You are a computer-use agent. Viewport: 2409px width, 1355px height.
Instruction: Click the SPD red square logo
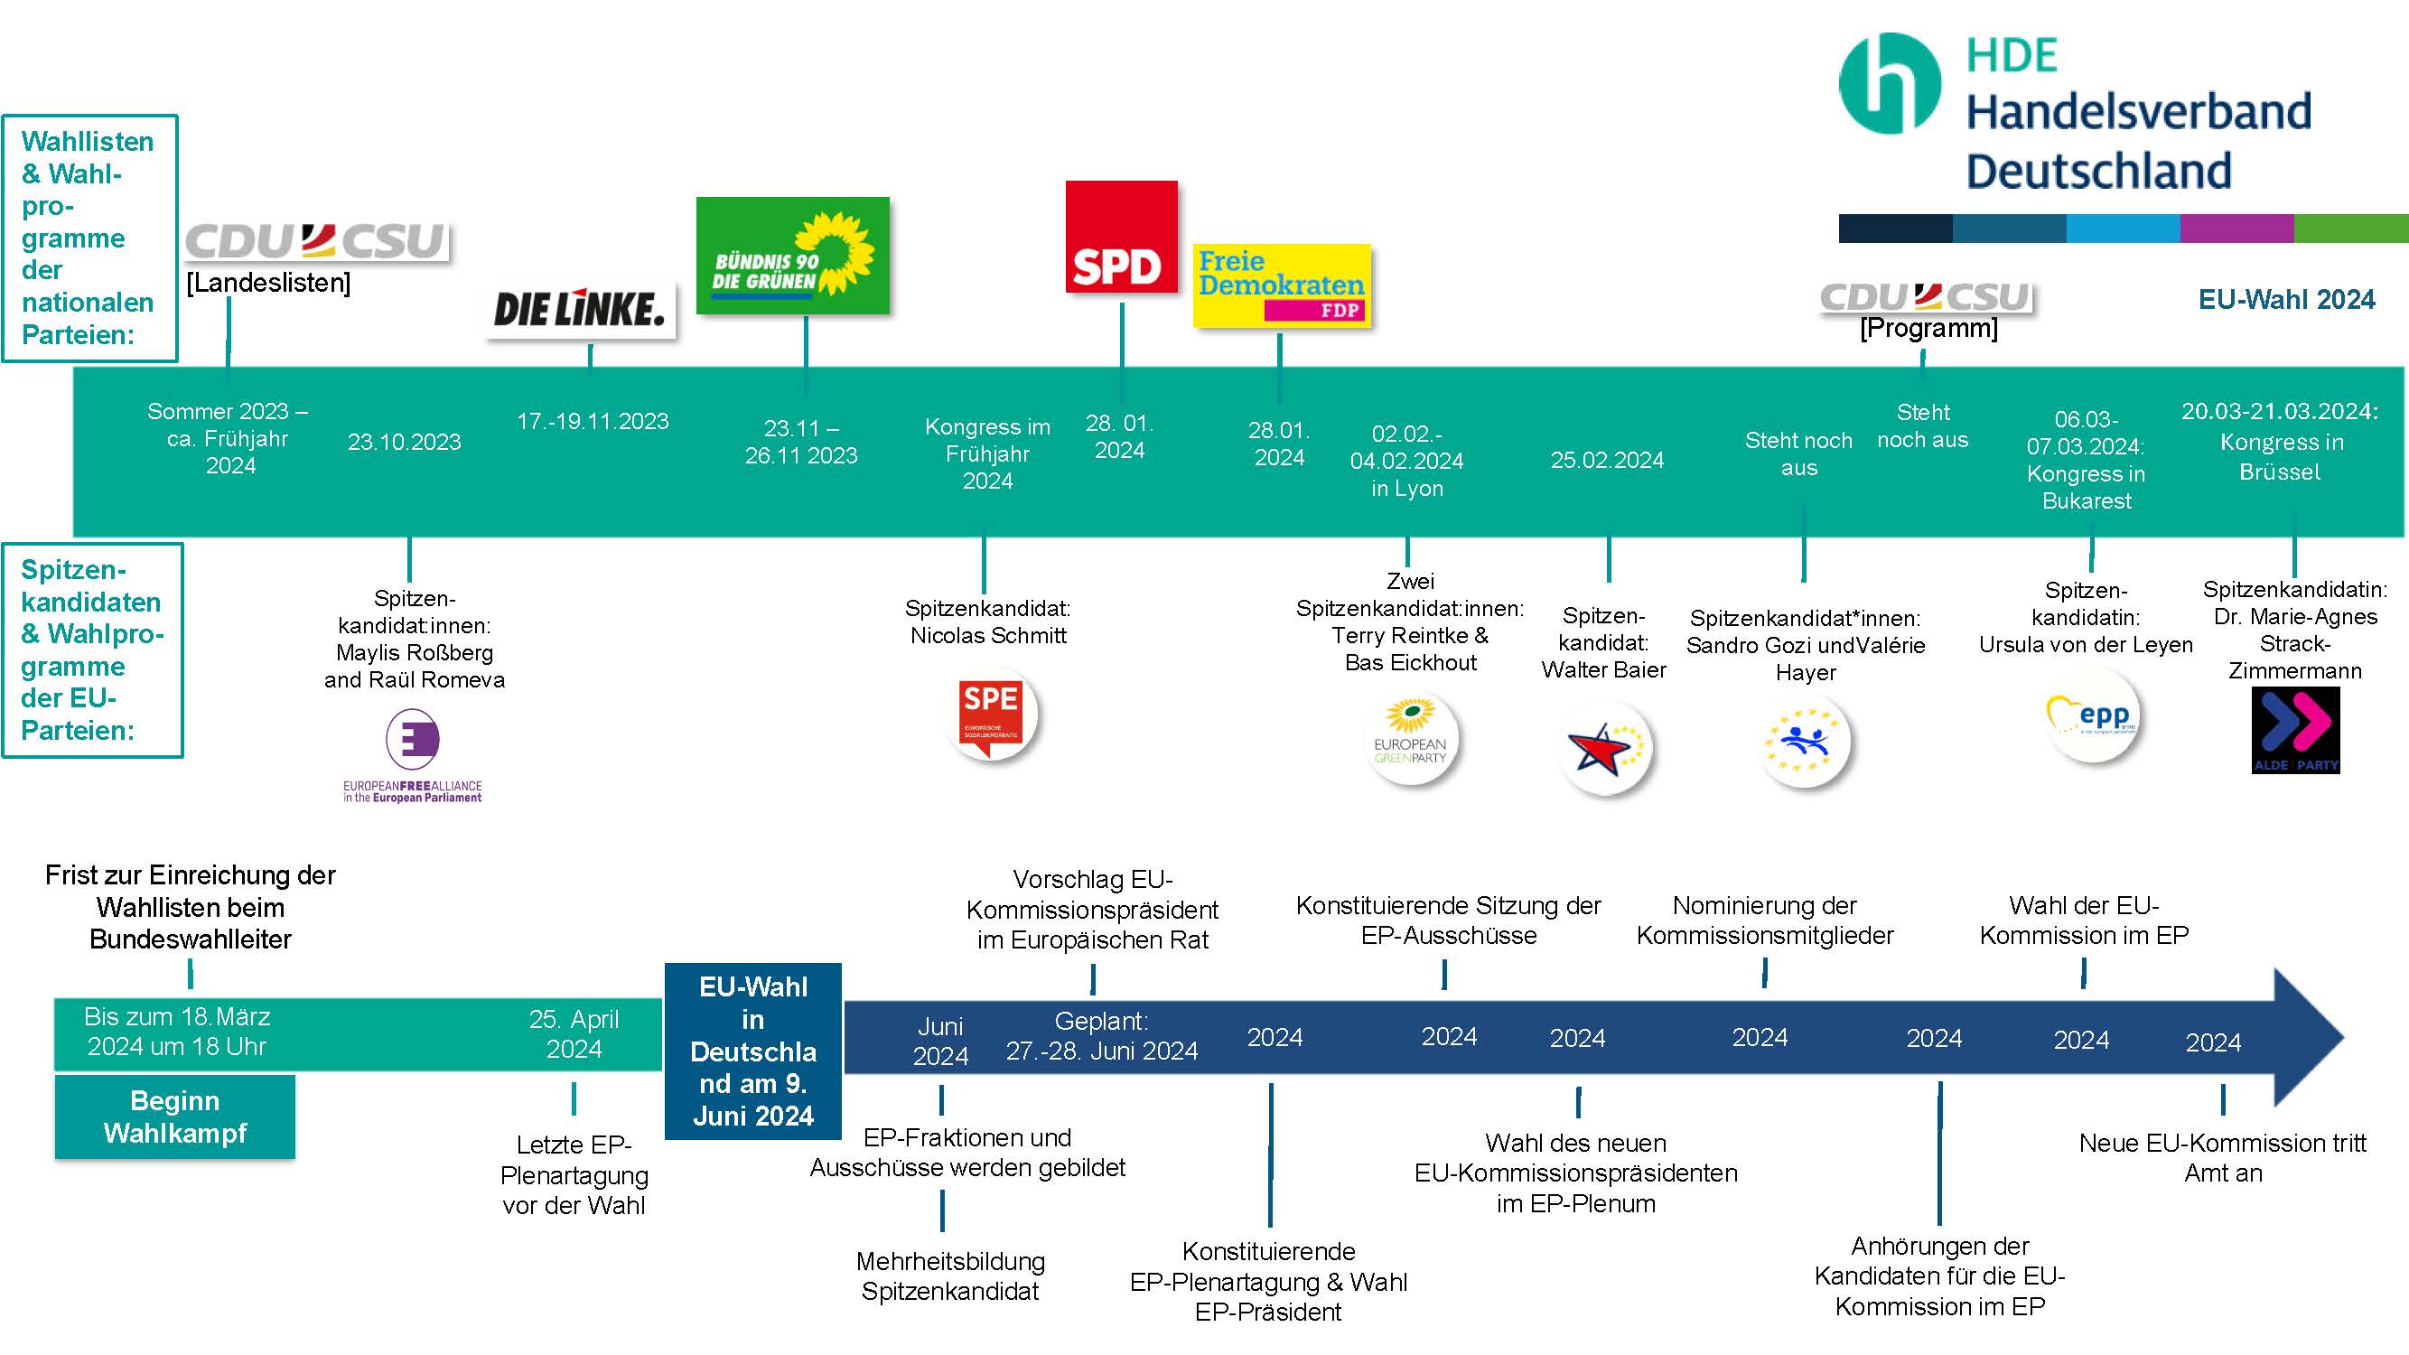tap(1121, 238)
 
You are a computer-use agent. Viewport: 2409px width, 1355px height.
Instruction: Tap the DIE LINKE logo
tap(580, 310)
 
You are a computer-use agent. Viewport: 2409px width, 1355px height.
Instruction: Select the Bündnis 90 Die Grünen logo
tap(793, 256)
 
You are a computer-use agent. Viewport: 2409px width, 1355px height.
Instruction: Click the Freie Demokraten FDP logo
tap(1281, 285)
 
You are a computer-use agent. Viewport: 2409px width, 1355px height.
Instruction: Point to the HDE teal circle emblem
tap(1889, 83)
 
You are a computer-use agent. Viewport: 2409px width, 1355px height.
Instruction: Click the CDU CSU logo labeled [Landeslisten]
tap(317, 241)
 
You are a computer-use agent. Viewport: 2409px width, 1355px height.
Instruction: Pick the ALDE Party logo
tap(2295, 730)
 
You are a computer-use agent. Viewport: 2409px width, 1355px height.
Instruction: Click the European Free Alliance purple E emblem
tap(413, 739)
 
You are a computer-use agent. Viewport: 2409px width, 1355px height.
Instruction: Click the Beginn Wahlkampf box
tap(175, 1117)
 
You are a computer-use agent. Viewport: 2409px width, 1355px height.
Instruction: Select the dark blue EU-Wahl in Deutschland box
tap(752, 1051)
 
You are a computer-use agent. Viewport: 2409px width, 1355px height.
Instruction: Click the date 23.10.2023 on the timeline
tap(404, 442)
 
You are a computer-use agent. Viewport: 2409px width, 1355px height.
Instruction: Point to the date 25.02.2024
tap(1607, 460)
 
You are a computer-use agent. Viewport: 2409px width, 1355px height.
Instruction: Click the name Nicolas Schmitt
tap(988, 636)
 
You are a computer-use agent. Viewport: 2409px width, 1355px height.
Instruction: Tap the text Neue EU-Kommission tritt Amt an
tap(2222, 1158)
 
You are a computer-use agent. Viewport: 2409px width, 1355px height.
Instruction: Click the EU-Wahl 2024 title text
tap(2285, 300)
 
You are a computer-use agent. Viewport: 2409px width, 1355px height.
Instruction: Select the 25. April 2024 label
tap(574, 1033)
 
